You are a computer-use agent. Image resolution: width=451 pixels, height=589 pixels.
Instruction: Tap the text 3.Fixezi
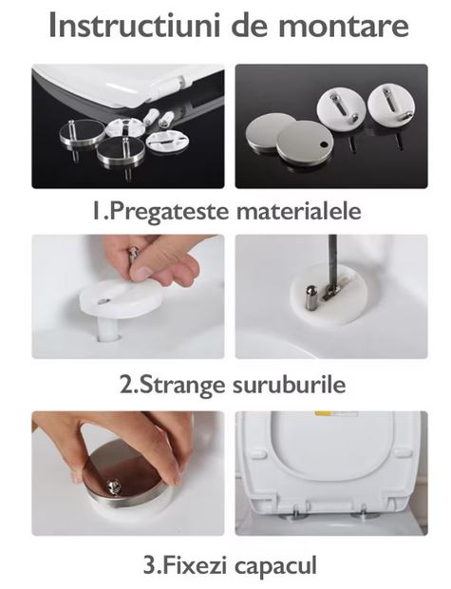[x=186, y=564]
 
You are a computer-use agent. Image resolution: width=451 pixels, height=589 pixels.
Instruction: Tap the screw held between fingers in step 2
[x=134, y=254]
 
